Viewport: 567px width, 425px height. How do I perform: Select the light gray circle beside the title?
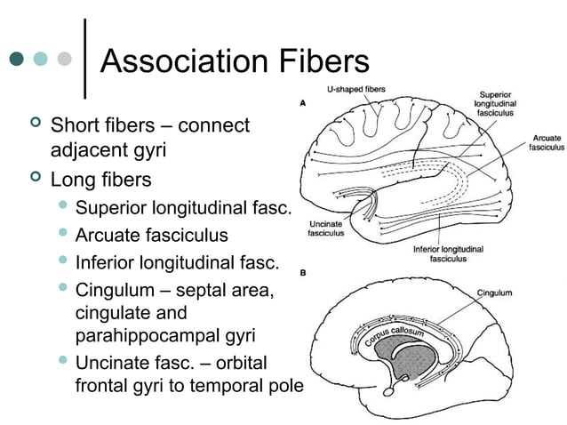click(x=63, y=60)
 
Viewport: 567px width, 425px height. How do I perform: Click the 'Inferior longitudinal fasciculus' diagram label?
click(x=448, y=254)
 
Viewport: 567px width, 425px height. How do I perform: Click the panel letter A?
click(x=303, y=103)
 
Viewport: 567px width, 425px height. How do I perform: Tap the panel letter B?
click(x=303, y=274)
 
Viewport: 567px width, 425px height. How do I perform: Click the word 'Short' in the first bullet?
click(x=75, y=125)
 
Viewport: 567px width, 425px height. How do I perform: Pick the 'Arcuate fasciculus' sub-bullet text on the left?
click(x=151, y=236)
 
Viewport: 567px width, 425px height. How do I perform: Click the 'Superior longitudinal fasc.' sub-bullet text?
click(x=183, y=209)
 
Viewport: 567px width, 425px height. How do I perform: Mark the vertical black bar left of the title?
click(x=84, y=59)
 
